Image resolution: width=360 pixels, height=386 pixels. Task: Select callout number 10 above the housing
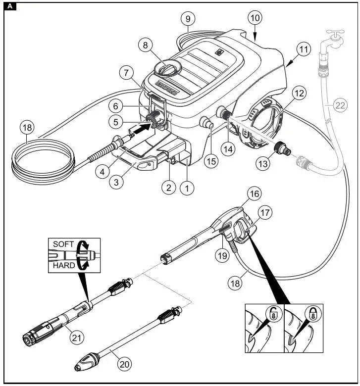(x=255, y=18)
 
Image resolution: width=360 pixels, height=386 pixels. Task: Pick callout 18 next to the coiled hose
(x=28, y=127)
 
